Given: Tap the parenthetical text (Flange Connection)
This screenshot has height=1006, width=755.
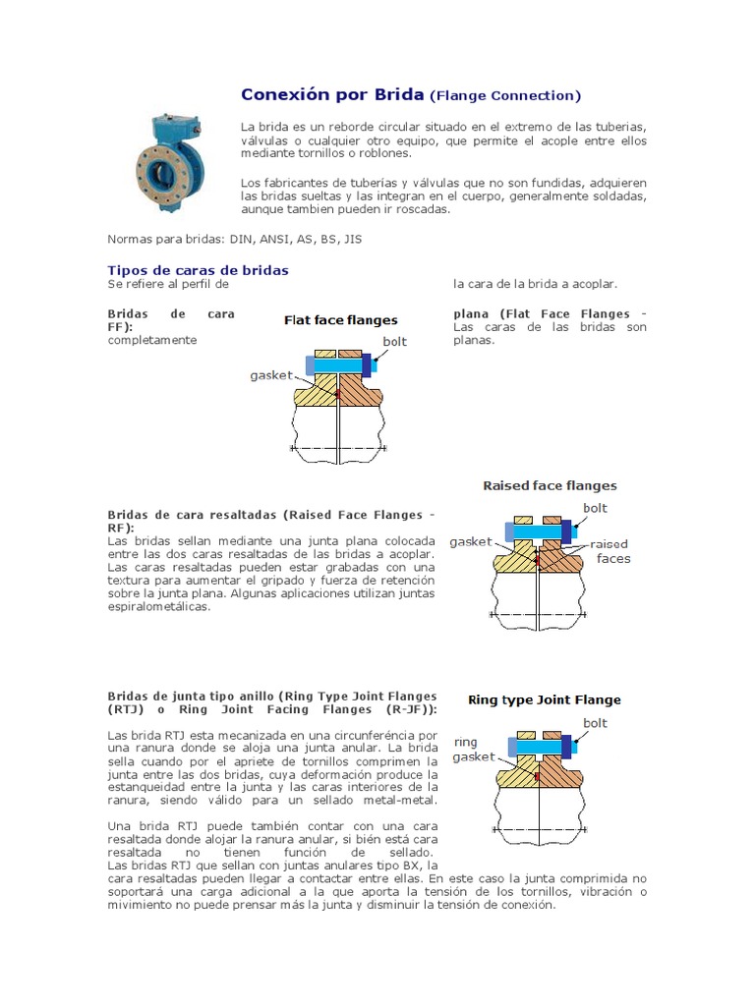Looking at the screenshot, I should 505,95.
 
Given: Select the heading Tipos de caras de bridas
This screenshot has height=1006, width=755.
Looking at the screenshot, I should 198,269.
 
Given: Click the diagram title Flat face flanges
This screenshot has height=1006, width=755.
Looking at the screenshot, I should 340,319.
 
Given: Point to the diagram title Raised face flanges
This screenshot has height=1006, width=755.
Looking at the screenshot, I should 550,485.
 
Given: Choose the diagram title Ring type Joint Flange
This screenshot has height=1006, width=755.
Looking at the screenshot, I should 544,699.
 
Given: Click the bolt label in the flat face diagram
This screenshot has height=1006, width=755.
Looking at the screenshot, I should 394,342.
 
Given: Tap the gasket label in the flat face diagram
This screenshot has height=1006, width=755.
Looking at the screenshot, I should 270,375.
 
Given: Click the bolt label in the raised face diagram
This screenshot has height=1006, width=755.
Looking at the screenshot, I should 595,508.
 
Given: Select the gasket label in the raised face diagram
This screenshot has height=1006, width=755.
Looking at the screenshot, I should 470,541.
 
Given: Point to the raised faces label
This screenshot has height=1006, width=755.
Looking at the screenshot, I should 611,551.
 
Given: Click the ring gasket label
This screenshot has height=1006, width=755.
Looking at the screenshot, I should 472,750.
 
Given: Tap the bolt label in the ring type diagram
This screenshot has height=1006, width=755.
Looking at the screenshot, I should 595,723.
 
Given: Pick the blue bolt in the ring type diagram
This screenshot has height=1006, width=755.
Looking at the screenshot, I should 538,747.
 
